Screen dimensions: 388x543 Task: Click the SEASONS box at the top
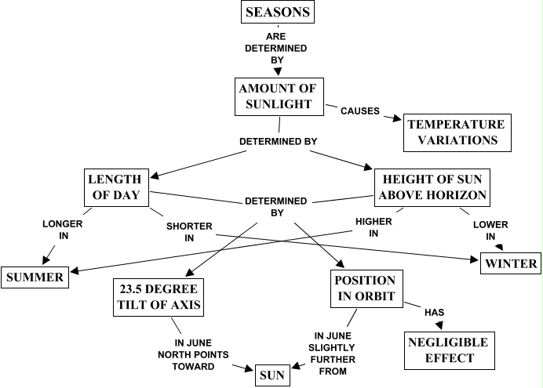[x=277, y=12]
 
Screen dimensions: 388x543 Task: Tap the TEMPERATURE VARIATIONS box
[x=457, y=132]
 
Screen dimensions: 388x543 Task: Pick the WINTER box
[x=510, y=263]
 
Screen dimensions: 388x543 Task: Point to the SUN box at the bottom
[x=273, y=375]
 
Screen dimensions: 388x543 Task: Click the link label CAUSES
[x=360, y=111]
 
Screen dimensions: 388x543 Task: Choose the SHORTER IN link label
[x=189, y=232]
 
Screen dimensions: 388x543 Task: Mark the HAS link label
[x=435, y=312]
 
